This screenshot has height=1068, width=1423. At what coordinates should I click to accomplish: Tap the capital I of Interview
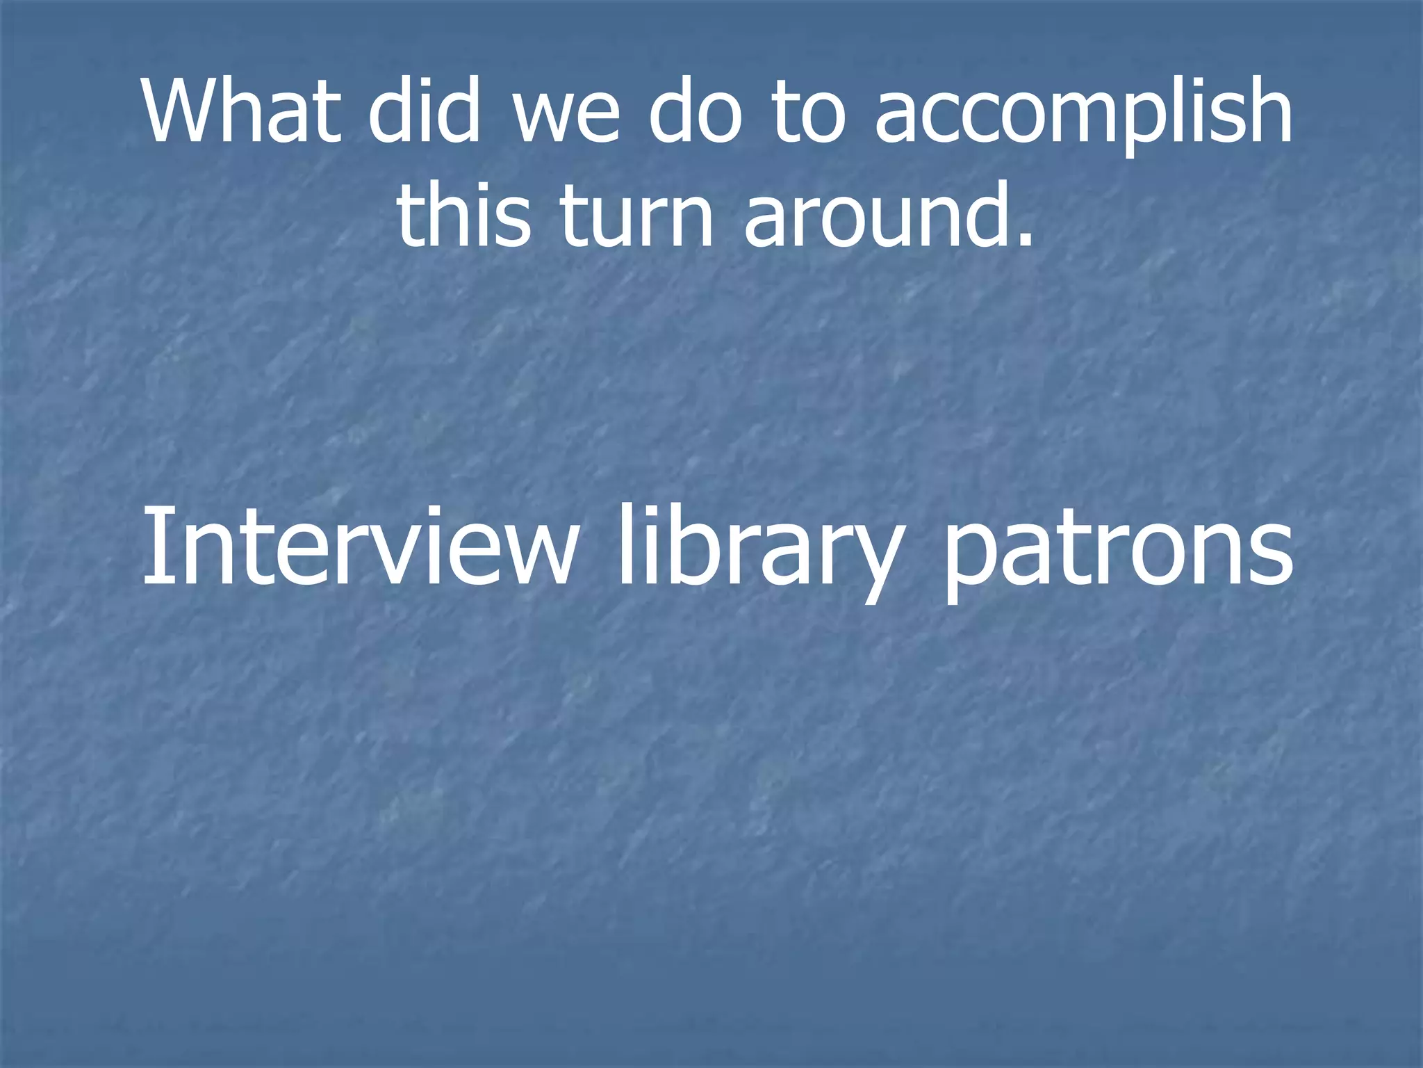tap(153, 546)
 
